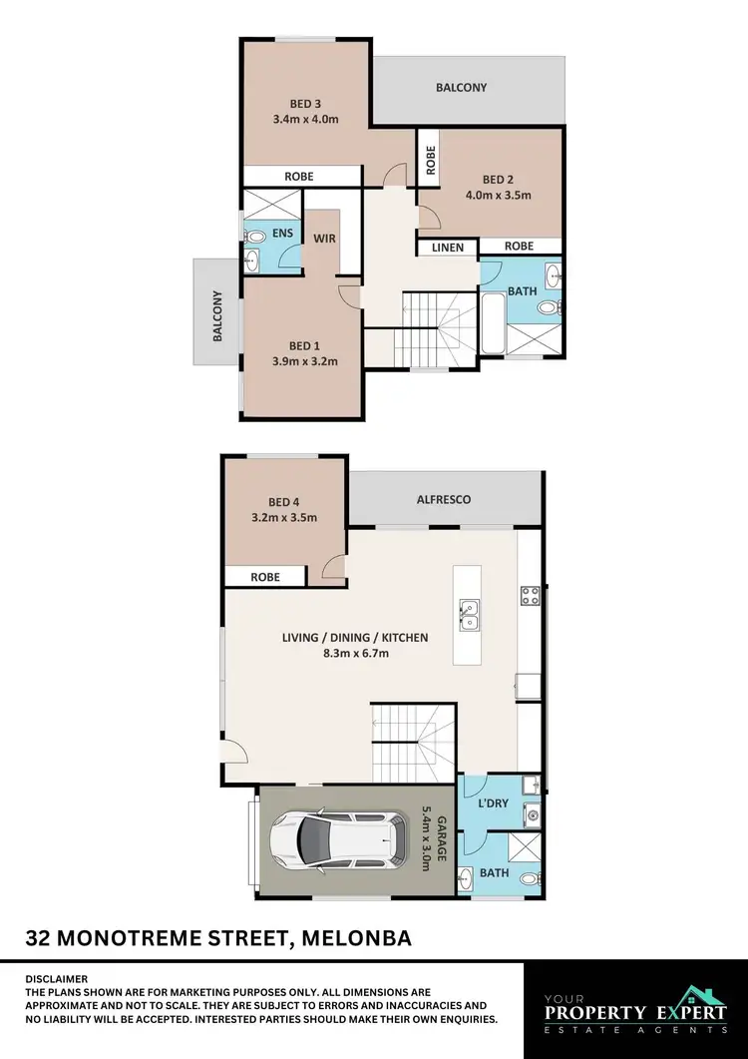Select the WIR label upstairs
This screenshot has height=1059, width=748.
click(x=324, y=240)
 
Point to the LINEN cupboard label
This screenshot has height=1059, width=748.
click(x=448, y=247)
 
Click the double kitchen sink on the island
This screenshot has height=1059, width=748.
click(x=468, y=615)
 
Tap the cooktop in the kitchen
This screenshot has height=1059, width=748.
click(x=530, y=597)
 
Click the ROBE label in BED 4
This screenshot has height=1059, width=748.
click(x=264, y=577)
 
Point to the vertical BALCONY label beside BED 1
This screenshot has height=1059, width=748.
click(x=216, y=316)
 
